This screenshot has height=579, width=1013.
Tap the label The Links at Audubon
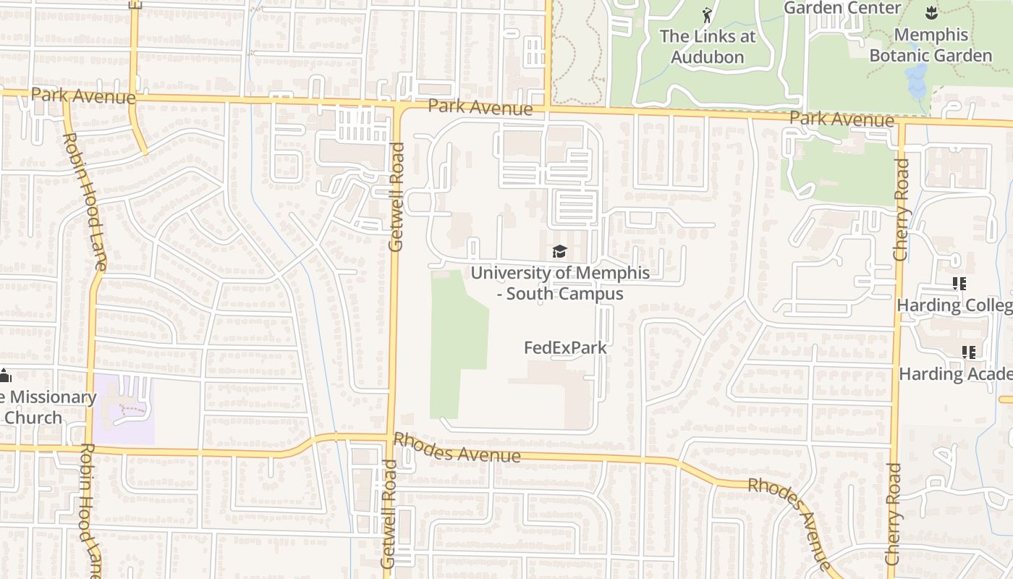[707, 46]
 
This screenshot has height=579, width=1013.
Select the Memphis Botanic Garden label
[931, 45]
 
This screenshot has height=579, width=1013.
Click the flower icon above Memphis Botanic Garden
[930, 12]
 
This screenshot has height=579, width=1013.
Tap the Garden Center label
[842, 8]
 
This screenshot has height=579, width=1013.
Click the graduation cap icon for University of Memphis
[559, 251]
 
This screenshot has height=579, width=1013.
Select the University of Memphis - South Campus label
[560, 283]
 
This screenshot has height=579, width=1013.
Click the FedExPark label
[565, 347]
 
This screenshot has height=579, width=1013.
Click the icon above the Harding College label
[959, 284]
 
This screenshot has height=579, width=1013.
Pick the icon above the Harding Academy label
[968, 352]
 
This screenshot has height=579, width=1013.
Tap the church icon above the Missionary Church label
[5, 376]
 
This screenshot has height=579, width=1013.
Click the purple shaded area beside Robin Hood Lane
[124, 410]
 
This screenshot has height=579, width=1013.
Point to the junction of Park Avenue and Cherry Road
[902, 122]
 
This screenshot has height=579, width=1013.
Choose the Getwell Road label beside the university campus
[397, 197]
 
